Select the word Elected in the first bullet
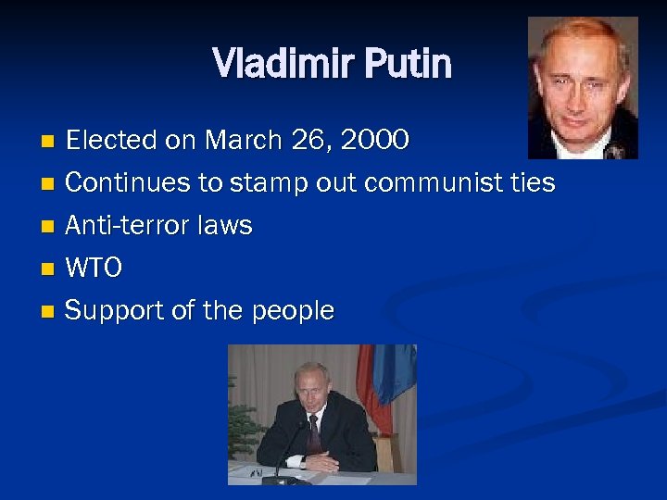(111, 141)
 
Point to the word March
(238, 141)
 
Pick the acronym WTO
(94, 269)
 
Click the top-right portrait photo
(583, 88)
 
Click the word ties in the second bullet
(533, 183)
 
